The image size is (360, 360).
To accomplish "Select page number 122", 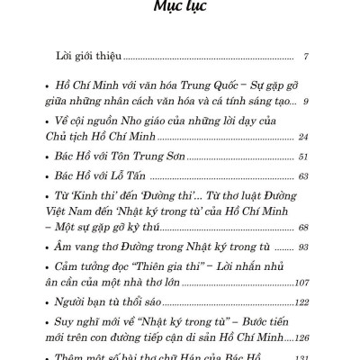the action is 301,301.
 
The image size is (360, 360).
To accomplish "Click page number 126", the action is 301,337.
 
